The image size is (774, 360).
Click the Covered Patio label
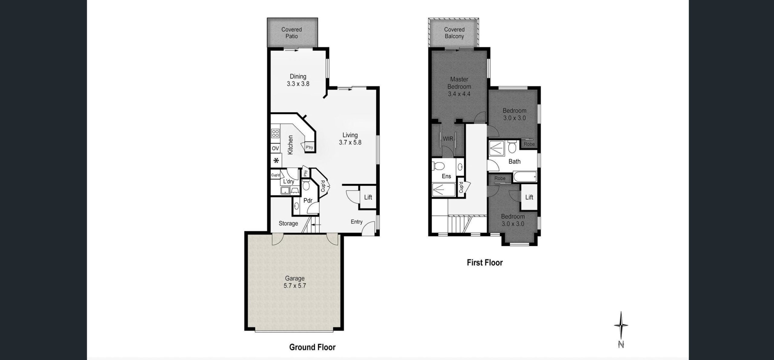[x=292, y=33]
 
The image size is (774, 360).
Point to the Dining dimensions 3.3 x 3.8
[x=298, y=84]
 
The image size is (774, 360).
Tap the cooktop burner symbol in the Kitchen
[x=63, y=133]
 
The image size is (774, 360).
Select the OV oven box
[x=64, y=148]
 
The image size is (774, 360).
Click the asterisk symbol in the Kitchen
[x=64, y=161]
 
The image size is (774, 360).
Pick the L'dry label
[x=288, y=182]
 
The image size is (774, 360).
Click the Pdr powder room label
[x=308, y=200]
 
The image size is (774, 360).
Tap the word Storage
[x=288, y=224]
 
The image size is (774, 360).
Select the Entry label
[x=356, y=222]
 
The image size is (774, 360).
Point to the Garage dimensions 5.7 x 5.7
[x=295, y=286]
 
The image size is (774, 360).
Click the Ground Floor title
[x=312, y=347]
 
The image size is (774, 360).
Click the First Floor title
[x=485, y=262]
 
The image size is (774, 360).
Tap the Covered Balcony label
[x=454, y=33]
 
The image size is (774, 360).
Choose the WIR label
[x=448, y=139]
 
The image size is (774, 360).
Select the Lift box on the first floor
[x=529, y=198]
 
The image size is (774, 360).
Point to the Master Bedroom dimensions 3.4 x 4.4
[x=459, y=94]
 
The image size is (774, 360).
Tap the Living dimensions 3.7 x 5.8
[x=350, y=142]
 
